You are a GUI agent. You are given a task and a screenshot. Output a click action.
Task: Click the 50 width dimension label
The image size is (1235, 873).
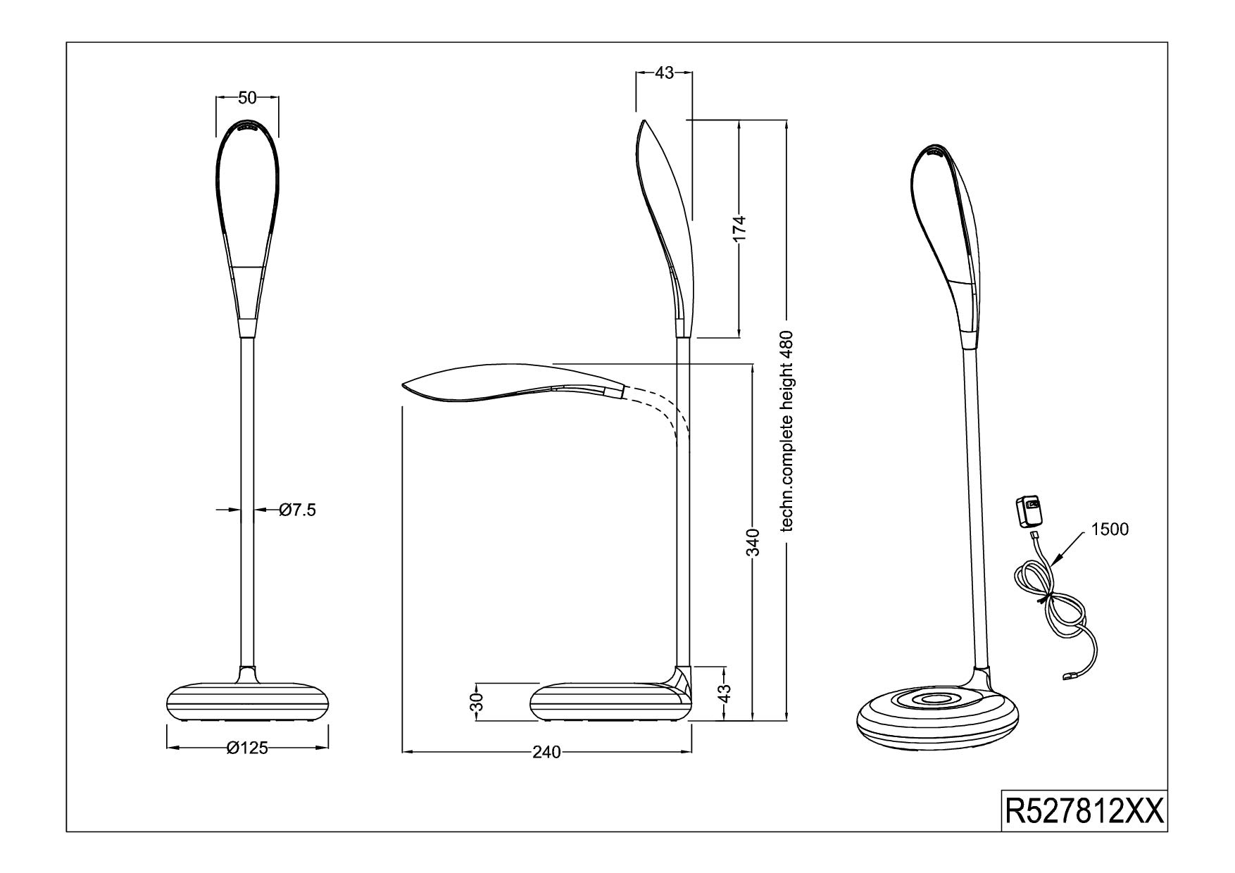[x=247, y=98]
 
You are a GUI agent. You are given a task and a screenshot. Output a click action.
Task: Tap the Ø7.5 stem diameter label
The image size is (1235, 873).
[x=297, y=510]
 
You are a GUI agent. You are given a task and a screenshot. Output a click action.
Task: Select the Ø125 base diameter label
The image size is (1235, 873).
[x=247, y=748]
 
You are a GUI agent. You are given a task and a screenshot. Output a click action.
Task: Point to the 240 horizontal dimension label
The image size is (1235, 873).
[x=546, y=753]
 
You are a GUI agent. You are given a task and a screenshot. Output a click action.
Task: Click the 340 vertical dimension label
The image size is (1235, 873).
[x=753, y=542]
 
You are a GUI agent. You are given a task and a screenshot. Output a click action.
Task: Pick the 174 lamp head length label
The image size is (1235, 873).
[x=739, y=229]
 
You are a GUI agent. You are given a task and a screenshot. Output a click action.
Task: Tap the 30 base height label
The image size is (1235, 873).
[x=477, y=701]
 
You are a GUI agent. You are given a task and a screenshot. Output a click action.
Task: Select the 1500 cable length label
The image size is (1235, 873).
[x=1110, y=529]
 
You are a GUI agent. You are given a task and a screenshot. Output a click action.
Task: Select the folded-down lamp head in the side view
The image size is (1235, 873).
[x=513, y=385]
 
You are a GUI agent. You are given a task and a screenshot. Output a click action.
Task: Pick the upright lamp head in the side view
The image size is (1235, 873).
[x=665, y=229]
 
